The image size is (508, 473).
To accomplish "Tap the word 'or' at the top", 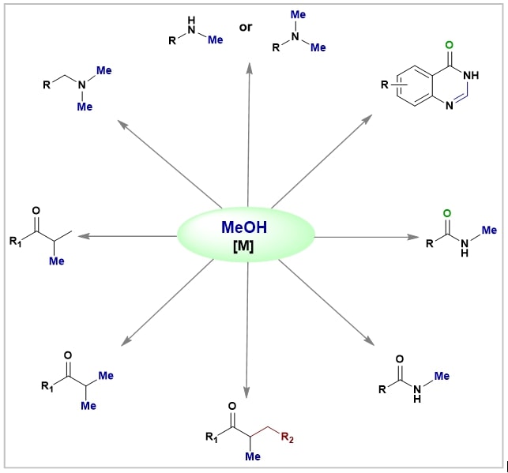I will coord(246,28).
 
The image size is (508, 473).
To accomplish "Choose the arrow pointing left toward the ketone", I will coord(126,235).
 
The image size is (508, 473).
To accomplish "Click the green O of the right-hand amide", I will coord(447,213).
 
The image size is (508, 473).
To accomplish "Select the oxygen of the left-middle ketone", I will coord(35,212).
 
